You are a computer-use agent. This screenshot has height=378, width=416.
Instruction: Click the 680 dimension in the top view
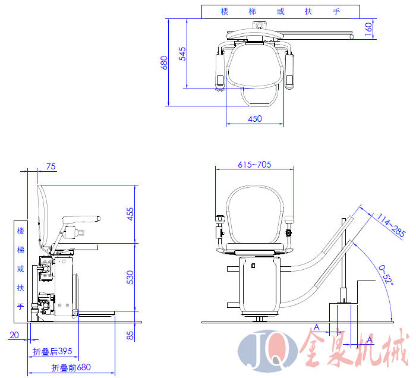tap(164, 62)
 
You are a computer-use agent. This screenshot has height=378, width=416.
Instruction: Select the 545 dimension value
tap(182, 54)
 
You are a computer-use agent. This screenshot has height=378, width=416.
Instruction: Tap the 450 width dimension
tap(255, 119)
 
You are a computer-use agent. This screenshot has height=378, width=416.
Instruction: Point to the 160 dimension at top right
tap(368, 29)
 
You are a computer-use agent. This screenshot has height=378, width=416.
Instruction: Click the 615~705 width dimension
tap(254, 165)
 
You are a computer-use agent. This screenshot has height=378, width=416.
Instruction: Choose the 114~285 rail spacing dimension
tap(391, 225)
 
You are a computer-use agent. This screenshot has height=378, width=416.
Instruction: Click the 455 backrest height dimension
tap(130, 214)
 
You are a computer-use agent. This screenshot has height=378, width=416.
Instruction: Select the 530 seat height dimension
tap(130, 277)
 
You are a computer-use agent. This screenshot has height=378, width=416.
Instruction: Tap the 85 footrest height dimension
tap(130, 336)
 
